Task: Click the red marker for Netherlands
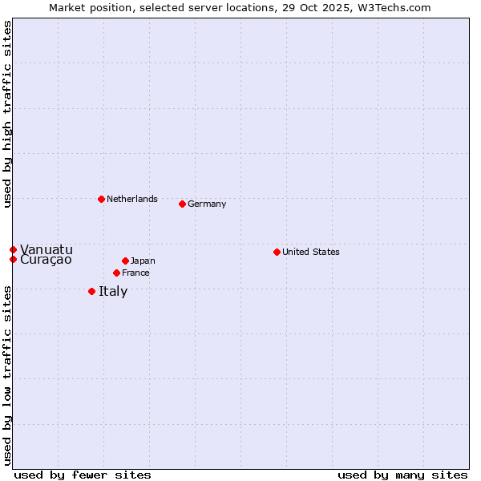coord(101,199)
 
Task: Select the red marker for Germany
coord(182,204)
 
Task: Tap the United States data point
coord(277,252)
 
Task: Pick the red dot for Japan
coord(125,261)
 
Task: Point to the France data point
coord(116,273)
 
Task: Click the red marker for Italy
coord(91,291)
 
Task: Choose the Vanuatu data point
coord(13,249)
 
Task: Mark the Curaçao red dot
coord(13,259)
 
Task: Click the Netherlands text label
coord(132,199)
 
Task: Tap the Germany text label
coord(207,204)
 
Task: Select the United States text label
coord(311,252)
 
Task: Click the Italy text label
coord(113,291)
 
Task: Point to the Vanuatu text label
coord(46,249)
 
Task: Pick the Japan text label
coord(143,261)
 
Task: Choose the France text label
coord(135,273)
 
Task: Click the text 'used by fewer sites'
coord(83,475)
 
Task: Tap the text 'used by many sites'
coord(402,475)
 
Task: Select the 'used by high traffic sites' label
coord(7,114)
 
